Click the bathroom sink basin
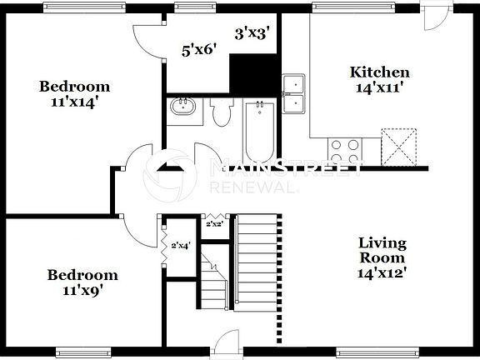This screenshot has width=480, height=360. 182,107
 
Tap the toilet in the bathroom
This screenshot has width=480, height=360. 220,112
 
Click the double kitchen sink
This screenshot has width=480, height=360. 293,93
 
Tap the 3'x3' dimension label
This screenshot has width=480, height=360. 253,33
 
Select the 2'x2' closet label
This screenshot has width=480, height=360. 214,223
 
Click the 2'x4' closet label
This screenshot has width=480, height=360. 179,246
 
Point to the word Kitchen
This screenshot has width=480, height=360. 379,72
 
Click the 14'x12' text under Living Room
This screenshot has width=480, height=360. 382,272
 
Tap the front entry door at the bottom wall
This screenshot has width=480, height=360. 223,343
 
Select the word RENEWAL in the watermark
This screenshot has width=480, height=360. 253,188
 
